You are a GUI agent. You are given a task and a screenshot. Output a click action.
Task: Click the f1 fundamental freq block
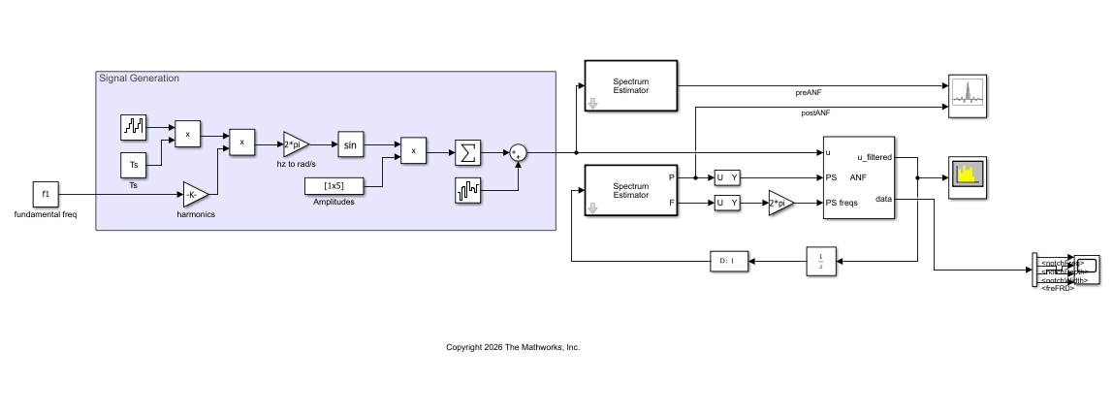pos(46,194)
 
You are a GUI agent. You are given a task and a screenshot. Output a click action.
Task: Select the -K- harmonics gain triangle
pos(195,194)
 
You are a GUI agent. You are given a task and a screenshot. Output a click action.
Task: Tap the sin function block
pos(351,145)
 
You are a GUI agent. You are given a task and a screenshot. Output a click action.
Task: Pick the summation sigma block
pos(467,152)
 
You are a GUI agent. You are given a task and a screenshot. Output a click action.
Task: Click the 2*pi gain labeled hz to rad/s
pos(295,144)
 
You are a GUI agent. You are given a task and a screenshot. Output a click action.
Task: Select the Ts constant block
pos(134,165)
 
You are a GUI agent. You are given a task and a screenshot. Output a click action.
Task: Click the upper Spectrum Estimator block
pos(630,85)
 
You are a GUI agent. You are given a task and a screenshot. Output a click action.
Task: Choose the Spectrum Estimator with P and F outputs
pos(630,190)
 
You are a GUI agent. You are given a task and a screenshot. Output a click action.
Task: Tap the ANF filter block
pos(858,177)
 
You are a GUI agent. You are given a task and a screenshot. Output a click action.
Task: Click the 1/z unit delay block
pos(820,261)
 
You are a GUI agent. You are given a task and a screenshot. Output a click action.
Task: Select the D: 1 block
pos(729,261)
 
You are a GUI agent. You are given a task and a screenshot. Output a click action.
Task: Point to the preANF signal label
pos(809,92)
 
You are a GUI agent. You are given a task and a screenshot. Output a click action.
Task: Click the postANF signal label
pos(814,113)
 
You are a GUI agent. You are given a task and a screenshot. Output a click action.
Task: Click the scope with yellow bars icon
pos(967,176)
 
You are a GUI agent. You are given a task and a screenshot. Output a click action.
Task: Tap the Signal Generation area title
pos(139,79)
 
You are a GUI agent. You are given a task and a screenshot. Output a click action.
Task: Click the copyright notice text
pos(512,346)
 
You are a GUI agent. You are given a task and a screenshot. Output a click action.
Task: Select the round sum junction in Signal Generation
pos(519,152)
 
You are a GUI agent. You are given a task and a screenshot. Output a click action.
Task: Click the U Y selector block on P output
pos(726,176)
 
